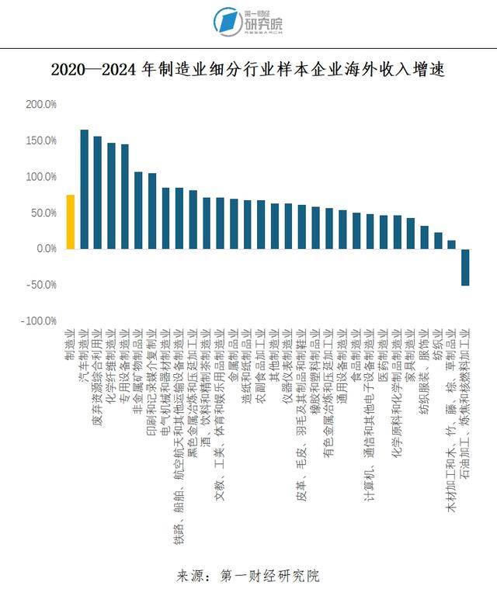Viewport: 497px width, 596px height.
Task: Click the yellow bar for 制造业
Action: point(71,222)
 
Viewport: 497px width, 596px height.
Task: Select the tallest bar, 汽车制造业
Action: point(84,189)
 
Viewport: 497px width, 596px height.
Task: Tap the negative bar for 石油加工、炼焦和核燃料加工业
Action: point(465,267)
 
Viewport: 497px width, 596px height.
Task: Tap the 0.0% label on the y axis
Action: point(46,248)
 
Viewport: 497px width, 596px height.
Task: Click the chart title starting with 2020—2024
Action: point(248,70)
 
